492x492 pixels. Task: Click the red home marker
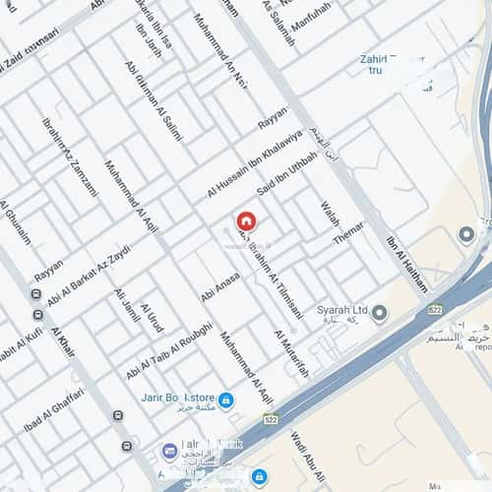tap(245, 221)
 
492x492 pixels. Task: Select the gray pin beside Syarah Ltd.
tap(380, 313)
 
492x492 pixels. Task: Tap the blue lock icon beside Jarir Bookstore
tap(226, 400)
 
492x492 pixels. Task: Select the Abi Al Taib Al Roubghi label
tap(168, 352)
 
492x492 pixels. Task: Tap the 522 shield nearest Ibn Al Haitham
tap(434, 309)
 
